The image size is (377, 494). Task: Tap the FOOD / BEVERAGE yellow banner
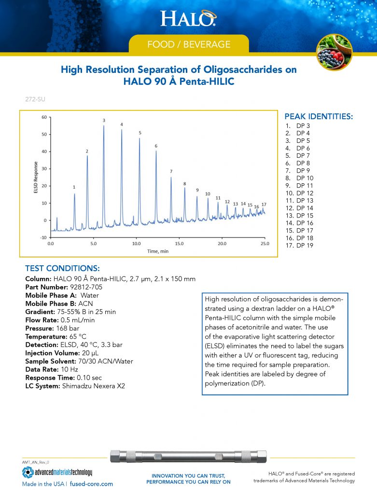click(x=188, y=44)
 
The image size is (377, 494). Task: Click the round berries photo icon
click(x=334, y=52)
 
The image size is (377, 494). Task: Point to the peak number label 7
click(x=170, y=171)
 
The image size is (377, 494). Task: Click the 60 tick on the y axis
click(x=43, y=117)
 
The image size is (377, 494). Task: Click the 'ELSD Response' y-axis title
click(x=36, y=177)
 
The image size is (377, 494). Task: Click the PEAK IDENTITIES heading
click(x=319, y=117)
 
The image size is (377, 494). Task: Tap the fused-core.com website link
click(x=92, y=483)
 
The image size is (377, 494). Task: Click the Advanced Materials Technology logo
click(x=57, y=472)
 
